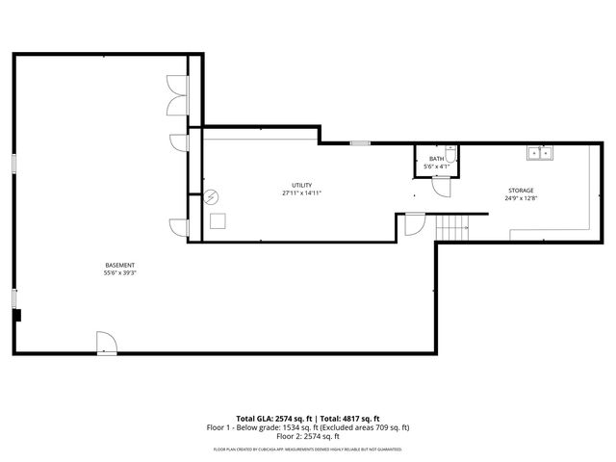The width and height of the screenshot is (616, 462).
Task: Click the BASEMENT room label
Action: pos(120,265)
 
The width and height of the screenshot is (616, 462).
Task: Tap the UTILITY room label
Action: pos(302,185)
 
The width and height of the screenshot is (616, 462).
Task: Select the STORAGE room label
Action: pos(521,191)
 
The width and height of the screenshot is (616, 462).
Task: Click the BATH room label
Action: pos(437,159)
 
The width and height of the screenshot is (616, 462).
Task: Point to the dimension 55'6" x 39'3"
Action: pos(120,272)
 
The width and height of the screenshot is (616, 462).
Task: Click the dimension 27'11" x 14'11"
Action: pos(302,192)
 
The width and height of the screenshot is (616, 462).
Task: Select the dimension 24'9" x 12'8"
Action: pos(521,198)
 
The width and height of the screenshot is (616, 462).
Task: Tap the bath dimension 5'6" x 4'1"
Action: pos(437,167)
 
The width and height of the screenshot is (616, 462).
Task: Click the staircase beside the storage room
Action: pos(451,228)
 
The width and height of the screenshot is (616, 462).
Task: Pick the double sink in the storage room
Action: pos(538,152)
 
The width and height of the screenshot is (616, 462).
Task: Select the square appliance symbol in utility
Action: pos(219,221)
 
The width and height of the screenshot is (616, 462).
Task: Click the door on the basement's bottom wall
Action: pos(105,344)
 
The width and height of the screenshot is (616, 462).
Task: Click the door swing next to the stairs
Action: pos(413,224)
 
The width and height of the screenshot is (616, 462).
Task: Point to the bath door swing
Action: pos(440,187)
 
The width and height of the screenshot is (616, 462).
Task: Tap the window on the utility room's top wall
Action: pos(359,143)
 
